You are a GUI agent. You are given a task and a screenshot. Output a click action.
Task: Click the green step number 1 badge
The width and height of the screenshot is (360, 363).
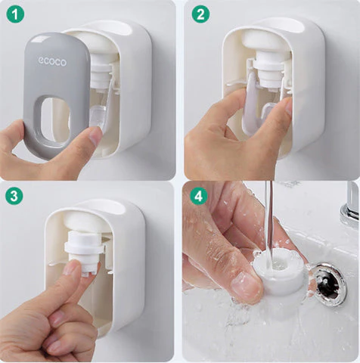tap(16, 14)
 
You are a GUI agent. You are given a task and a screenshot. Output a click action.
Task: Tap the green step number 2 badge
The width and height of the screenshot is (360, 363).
tap(199, 14)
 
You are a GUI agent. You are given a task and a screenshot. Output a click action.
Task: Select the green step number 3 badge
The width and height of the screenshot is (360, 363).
tap(14, 196)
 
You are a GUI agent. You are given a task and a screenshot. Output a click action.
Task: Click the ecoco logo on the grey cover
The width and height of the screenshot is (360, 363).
tap(54, 62)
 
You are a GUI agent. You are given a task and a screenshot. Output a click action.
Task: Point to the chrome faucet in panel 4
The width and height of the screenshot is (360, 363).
tap(350, 204)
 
